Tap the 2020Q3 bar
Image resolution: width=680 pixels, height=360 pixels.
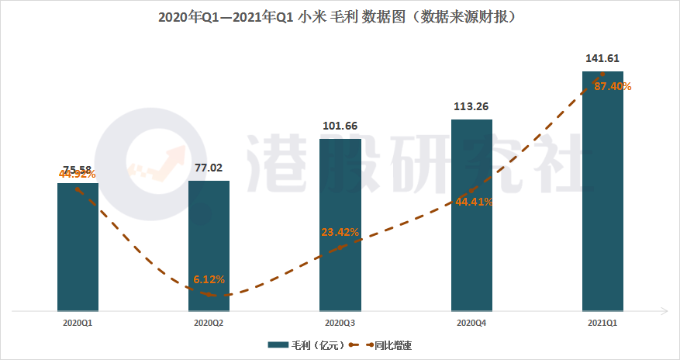point(340,225)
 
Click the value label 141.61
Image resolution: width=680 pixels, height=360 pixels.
point(602,58)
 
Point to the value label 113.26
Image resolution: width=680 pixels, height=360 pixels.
point(471,106)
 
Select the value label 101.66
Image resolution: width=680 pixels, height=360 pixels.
point(340,126)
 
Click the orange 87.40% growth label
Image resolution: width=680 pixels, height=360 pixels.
point(613,87)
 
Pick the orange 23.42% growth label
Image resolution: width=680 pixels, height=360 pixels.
point(340,231)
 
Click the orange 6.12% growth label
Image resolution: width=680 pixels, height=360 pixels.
point(209,279)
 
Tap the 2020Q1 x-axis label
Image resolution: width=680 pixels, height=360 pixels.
point(78,322)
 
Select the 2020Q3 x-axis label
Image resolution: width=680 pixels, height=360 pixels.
point(340,322)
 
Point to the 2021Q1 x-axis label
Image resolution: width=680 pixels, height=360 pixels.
point(602,322)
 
